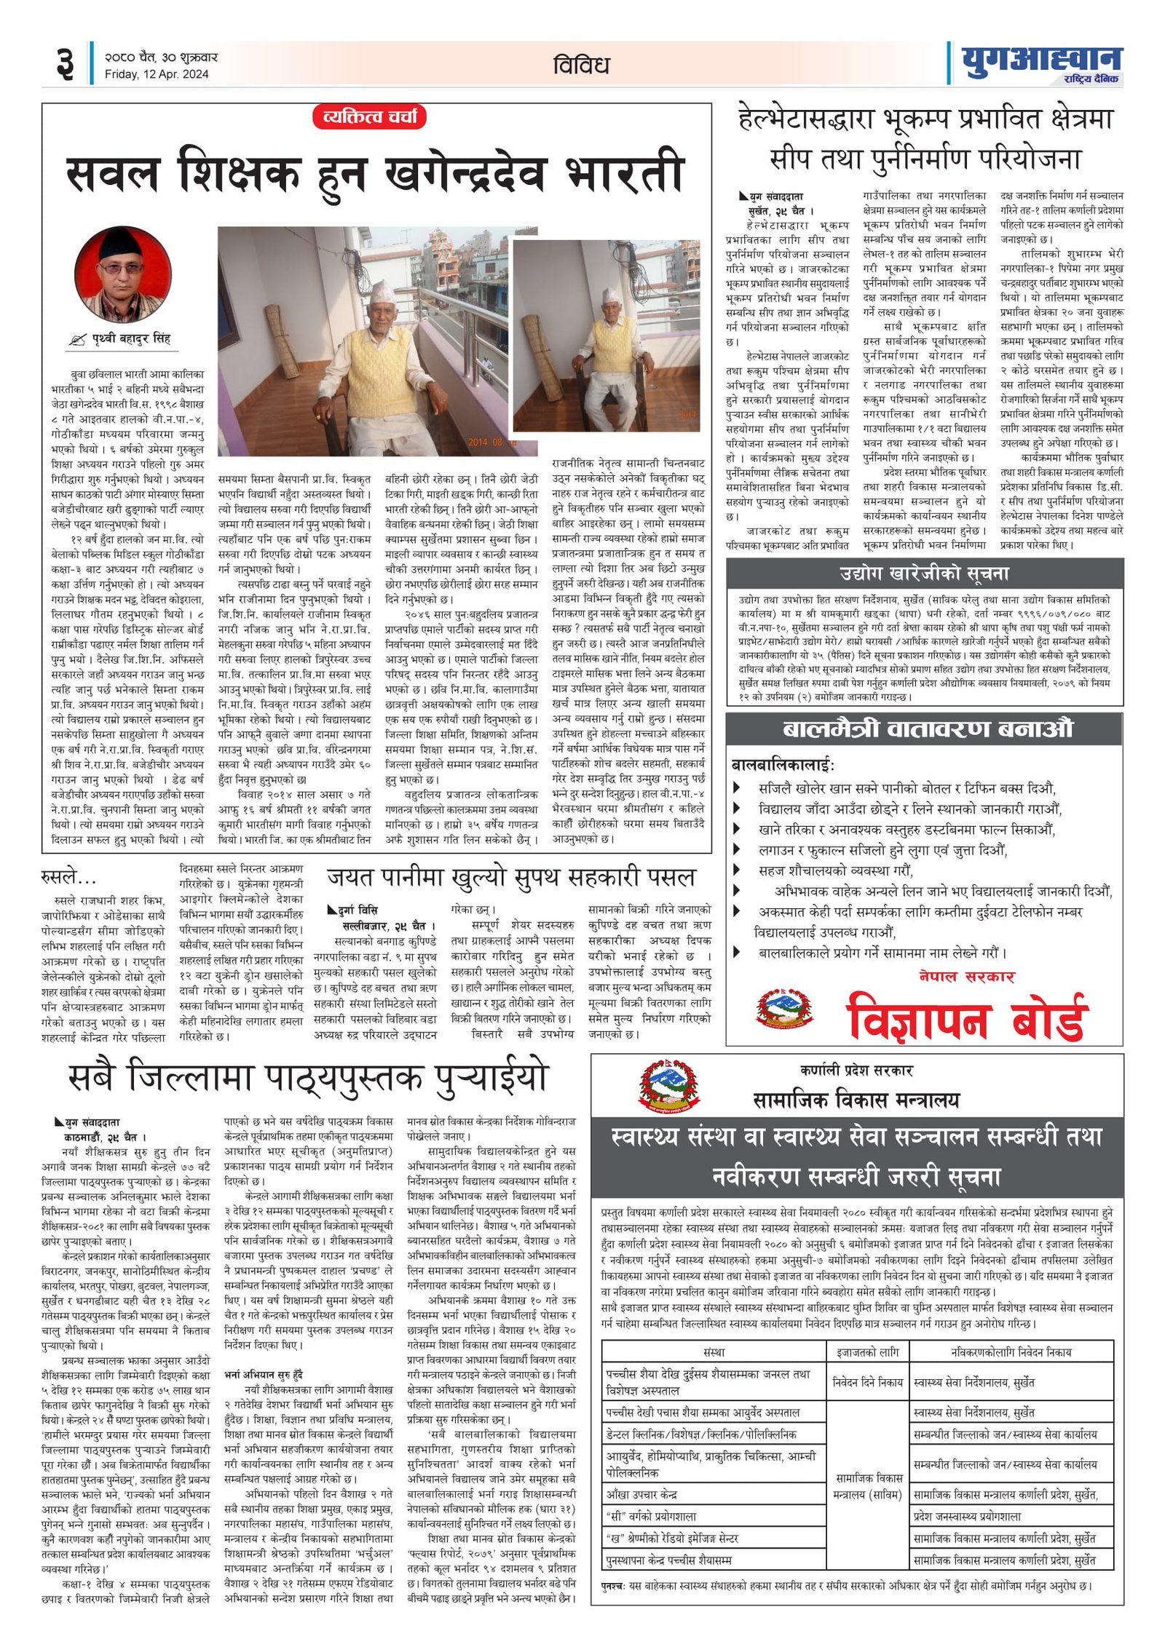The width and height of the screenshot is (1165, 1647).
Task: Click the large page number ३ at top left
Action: coord(66,63)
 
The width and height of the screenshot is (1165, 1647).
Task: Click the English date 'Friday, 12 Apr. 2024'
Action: coord(156,74)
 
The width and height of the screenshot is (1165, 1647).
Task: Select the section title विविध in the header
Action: coord(580,66)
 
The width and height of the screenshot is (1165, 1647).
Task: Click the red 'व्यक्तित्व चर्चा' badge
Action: coord(369,117)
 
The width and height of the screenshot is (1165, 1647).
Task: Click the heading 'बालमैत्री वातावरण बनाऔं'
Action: coord(927,729)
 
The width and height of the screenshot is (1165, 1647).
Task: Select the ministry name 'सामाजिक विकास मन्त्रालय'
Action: coord(856,1100)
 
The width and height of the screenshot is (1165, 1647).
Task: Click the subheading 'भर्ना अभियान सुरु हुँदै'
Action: coord(264,1375)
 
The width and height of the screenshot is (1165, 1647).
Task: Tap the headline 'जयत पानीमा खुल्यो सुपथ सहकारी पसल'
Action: coord(512,878)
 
